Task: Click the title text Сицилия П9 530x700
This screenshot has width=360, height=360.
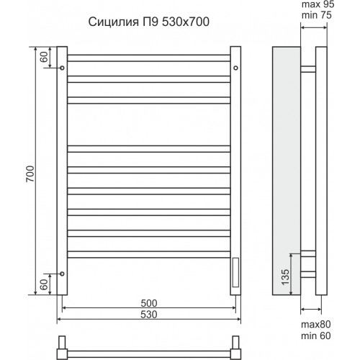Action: (x=149, y=22)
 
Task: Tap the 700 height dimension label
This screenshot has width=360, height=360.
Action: (x=30, y=174)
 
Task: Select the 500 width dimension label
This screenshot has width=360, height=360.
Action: (x=149, y=303)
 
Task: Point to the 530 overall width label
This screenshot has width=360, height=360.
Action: (x=149, y=315)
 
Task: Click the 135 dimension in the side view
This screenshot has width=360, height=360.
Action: (x=285, y=277)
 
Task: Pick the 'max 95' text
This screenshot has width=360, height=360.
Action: (x=318, y=4)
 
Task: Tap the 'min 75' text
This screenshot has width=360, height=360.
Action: (x=317, y=15)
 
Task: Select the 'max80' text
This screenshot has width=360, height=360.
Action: (x=316, y=325)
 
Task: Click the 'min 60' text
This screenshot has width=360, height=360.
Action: (x=316, y=336)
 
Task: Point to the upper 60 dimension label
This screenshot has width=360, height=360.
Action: (x=44, y=57)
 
